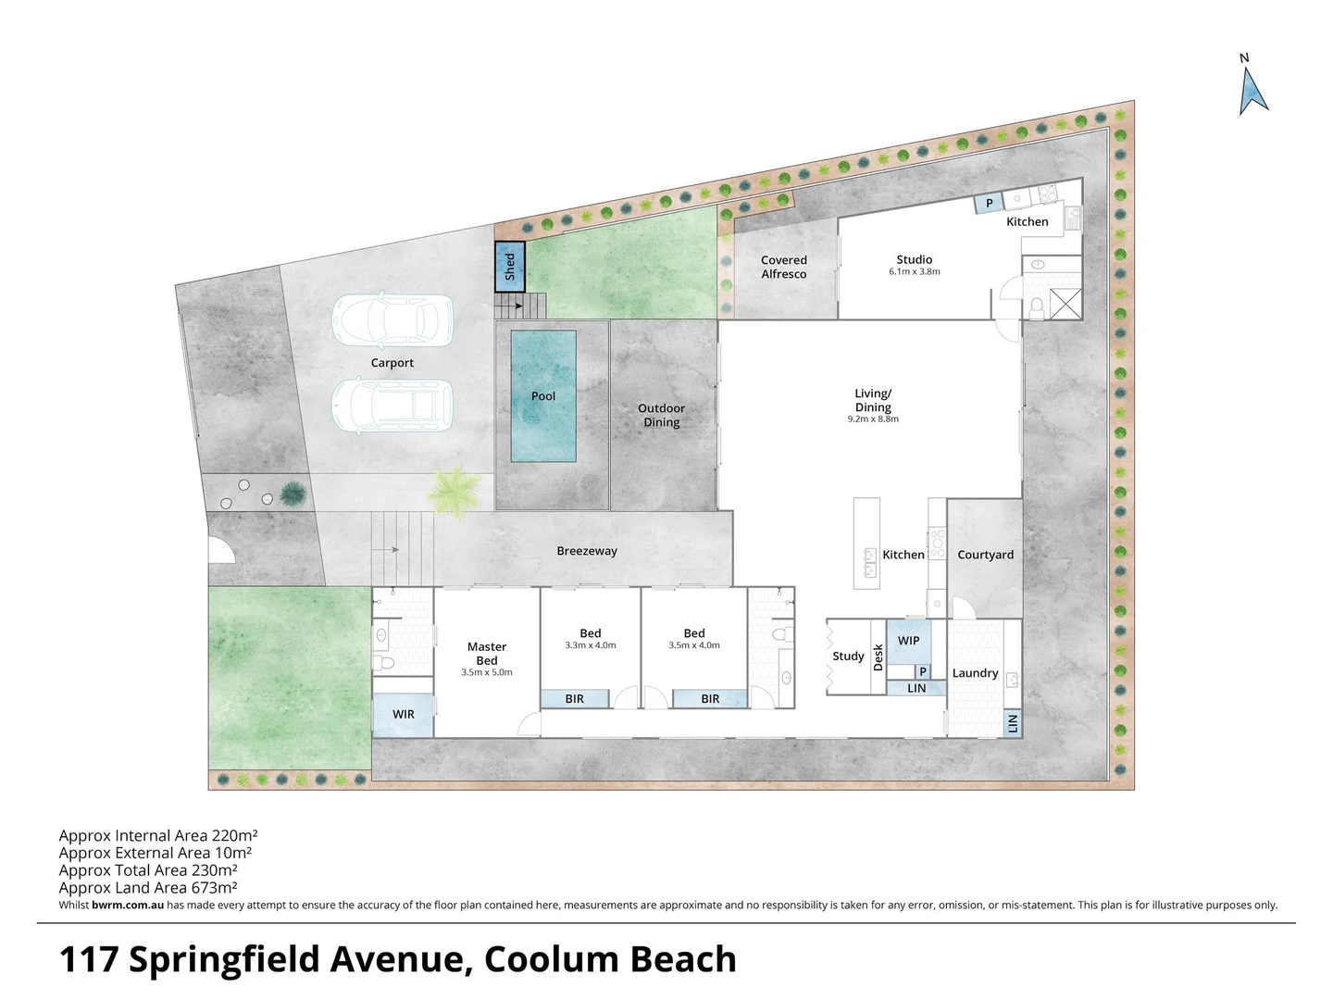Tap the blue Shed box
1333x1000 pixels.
point(509,267)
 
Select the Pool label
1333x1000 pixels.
point(543,396)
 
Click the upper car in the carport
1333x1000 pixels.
point(392,319)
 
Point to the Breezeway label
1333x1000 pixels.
point(587,551)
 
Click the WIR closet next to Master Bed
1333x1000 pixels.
point(404,714)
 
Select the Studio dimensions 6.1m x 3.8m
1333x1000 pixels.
point(914,272)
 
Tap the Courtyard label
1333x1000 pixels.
point(985,555)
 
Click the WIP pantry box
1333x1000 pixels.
point(908,641)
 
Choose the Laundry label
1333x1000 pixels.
point(975,673)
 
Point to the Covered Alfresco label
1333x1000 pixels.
point(784,267)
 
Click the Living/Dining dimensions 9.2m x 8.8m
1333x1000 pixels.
point(873,419)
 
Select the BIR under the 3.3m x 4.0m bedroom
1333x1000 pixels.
point(575,699)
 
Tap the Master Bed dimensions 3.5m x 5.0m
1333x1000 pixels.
point(486,673)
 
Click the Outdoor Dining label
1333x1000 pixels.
point(662,415)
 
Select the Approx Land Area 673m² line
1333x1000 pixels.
point(148,888)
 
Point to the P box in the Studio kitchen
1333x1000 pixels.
point(989,204)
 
